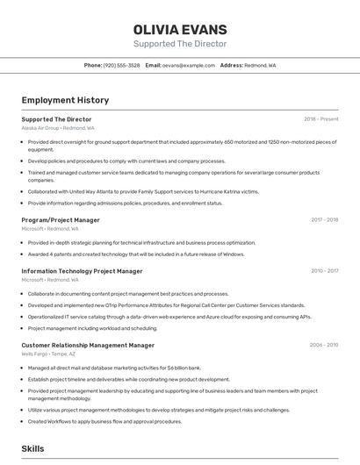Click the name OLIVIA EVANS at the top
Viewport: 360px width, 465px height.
[179, 30]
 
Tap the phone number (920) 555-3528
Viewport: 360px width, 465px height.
[121, 65]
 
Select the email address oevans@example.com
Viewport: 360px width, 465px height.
[188, 65]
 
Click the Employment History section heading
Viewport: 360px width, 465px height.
[65, 100]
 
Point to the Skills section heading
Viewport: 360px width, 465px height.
[32, 448]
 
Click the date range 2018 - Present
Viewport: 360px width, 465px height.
[320, 118]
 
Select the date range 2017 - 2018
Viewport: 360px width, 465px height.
[323, 220]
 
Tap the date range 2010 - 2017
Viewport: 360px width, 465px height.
[323, 271]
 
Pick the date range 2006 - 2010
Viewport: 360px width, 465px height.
[323, 346]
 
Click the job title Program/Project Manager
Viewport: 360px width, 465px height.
[61, 220]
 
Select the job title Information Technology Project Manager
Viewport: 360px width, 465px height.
[82, 271]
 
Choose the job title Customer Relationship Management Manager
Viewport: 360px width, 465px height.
[88, 346]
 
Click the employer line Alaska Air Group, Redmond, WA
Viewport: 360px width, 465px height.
[58, 127]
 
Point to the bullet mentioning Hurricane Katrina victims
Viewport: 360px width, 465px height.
[143, 191]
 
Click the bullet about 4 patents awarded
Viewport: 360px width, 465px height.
[136, 254]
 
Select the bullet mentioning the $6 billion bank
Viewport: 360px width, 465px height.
[114, 368]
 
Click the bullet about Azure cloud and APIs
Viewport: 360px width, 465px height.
[169, 317]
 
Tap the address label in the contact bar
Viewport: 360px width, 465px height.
[231, 65]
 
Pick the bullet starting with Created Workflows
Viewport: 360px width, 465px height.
[104, 421]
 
